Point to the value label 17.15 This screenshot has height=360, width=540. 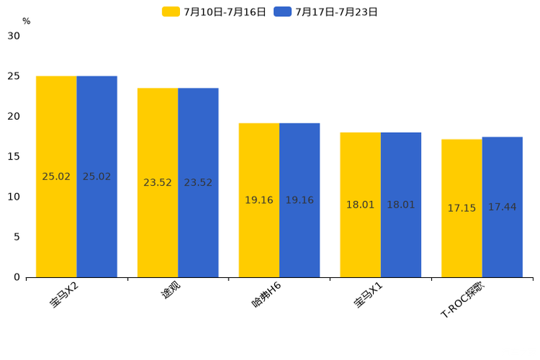tap(462, 208)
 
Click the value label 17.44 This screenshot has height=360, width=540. tap(502, 208)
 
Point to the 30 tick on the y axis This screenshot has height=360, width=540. tap(14, 36)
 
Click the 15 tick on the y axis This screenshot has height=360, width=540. tap(14, 157)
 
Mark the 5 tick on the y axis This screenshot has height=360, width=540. tap(17, 237)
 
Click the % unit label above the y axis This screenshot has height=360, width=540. tap(26, 22)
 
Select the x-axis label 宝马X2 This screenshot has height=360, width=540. tap(65, 295)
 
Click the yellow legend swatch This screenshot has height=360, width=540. tap(171, 12)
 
